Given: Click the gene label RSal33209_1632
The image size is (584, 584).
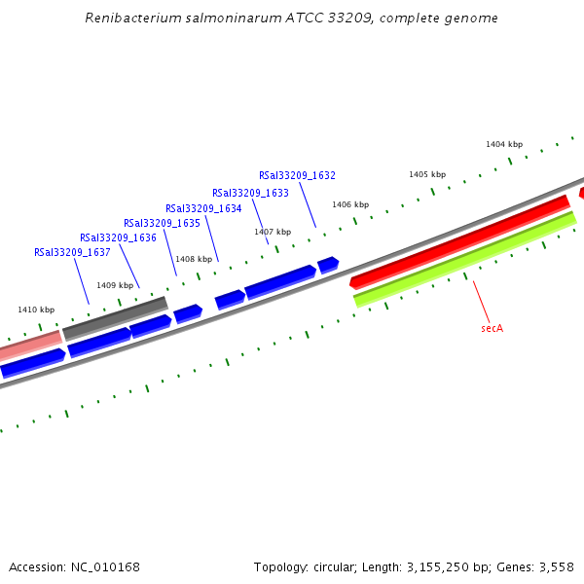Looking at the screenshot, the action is point(297,176).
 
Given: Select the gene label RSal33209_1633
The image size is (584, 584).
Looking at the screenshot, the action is point(250,193).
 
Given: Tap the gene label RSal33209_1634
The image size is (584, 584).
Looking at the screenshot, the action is point(203,208).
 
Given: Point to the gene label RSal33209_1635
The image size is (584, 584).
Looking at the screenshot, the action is point(162,223).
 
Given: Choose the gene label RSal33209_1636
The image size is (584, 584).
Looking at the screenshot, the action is point(118,237).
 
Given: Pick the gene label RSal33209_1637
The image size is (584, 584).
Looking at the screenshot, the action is point(72,252).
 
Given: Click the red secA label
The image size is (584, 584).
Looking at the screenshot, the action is point(492,328).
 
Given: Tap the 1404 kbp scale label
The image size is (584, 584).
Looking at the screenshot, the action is point(504,144).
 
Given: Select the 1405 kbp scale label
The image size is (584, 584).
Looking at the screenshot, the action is point(427,174).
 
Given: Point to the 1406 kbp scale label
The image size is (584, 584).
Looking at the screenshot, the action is point(350,204).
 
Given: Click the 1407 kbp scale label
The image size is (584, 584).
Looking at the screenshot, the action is point(273,232).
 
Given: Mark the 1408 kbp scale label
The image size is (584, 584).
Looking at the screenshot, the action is point(193,259).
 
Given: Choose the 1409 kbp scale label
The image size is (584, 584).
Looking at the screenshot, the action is point(115,285).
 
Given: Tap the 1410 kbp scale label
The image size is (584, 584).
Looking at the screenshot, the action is point(36,310).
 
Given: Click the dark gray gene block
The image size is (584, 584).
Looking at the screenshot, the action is point(115,318).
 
